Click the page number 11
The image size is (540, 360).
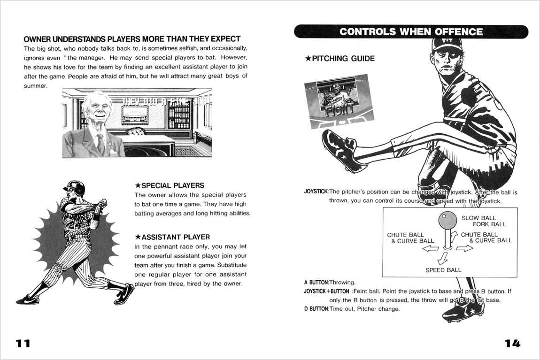(x=23, y=343)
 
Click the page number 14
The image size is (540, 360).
(x=512, y=343)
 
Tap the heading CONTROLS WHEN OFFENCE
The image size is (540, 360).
(x=411, y=32)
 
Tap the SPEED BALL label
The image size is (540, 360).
(x=443, y=270)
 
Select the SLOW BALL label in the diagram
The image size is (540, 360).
(x=478, y=218)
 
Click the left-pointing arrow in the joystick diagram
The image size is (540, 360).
(x=431, y=249)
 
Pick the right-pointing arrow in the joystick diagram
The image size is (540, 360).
(x=464, y=248)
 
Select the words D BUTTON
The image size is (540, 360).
(x=316, y=309)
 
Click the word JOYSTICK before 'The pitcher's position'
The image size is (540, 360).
(x=316, y=192)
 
